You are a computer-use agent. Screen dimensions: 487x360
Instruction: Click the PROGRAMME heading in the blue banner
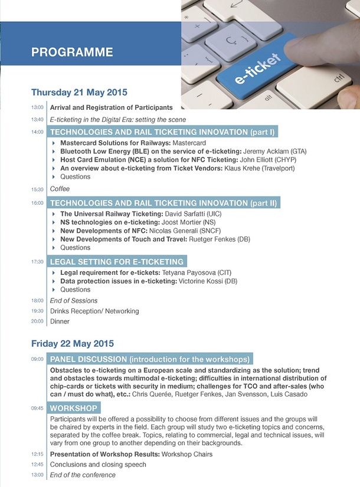click(x=72, y=52)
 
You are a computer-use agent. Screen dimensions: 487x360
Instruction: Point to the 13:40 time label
click(x=37, y=120)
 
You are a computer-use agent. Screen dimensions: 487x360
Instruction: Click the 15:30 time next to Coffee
click(x=37, y=189)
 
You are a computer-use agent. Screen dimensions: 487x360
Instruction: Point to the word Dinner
click(x=60, y=322)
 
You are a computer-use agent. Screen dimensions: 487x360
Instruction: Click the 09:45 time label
click(x=37, y=408)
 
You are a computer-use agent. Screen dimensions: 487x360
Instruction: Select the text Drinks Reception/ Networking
click(x=94, y=311)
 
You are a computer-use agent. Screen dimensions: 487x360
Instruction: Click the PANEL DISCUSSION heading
click(x=149, y=359)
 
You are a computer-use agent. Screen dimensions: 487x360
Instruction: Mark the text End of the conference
click(x=83, y=475)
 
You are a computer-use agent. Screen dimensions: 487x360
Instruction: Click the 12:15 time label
click(x=37, y=455)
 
